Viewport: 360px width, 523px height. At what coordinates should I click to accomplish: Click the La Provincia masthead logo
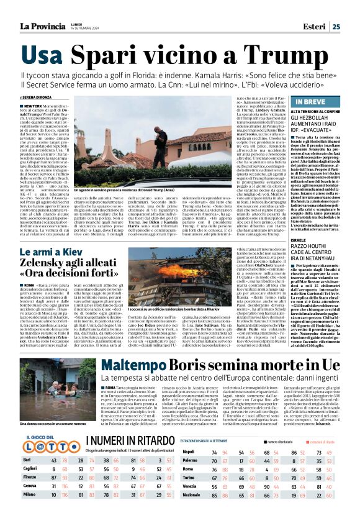click(x=45, y=26)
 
